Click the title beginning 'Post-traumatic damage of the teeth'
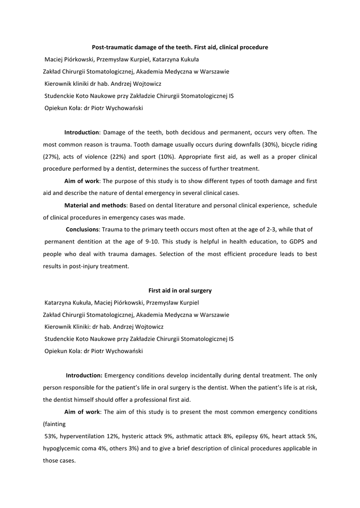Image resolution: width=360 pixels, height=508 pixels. coord(180,47)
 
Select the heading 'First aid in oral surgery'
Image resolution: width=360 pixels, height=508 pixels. coord(180,290)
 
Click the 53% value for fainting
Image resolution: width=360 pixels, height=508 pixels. coord(52,436)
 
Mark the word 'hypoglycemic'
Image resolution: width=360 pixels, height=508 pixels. coord(62,448)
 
